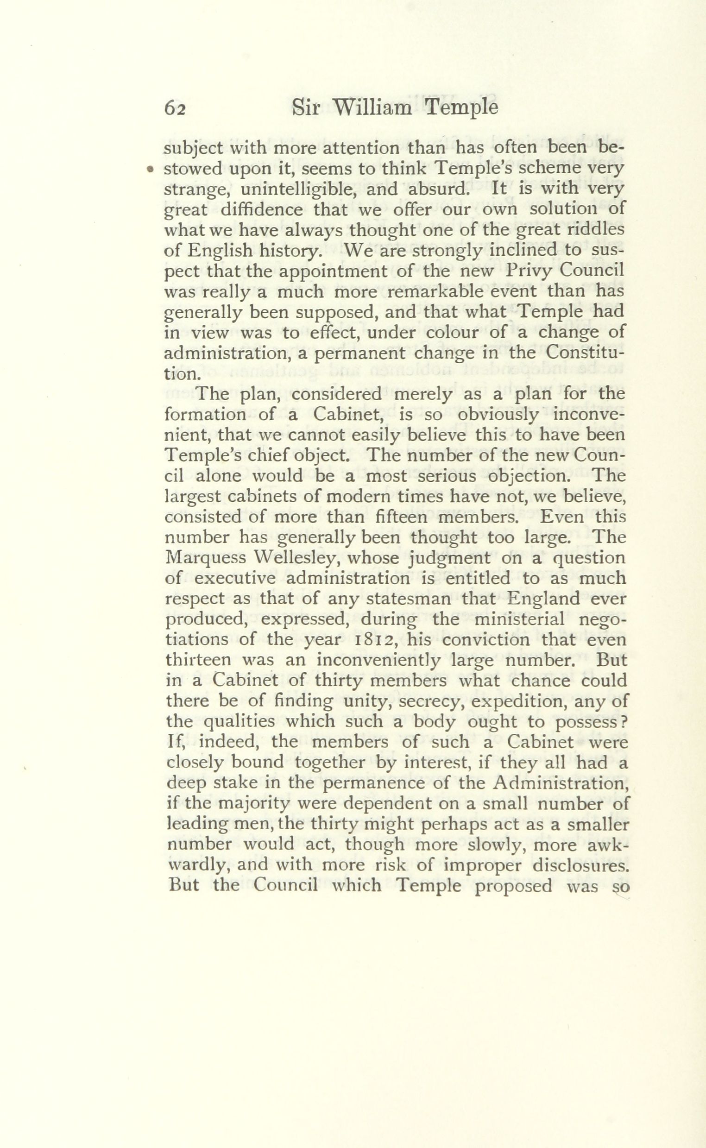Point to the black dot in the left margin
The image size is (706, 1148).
(150, 170)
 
